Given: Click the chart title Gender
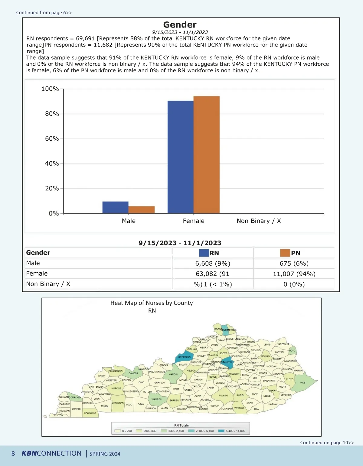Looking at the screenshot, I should pos(180,25).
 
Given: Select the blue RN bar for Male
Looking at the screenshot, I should pos(115,207).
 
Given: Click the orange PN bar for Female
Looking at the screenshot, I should pos(206,155).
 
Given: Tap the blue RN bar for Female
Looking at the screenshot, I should pos(180,157).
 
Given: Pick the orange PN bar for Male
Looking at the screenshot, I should pos(141,210).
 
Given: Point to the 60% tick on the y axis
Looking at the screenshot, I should pos(52,139).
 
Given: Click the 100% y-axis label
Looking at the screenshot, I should pos(50,89).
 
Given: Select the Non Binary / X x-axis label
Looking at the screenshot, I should pos(259,221).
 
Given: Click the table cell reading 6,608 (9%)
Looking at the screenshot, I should pos(213,264).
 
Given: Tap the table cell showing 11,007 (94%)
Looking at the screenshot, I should pos(294,274).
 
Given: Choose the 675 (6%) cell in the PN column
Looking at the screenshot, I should pos(294,264).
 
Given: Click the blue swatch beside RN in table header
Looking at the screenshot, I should pos(204,253).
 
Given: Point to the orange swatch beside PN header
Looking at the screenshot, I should pos(285,253).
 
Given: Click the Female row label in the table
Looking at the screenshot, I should pos(37,274).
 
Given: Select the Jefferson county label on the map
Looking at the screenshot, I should pos(184,357).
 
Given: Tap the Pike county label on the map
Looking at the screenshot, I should pos(302,383).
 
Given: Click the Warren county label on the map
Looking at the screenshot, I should pos(156,399).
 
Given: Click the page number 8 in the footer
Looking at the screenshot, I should pos(13,454).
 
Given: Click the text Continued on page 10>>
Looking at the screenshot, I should pos(327,442).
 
